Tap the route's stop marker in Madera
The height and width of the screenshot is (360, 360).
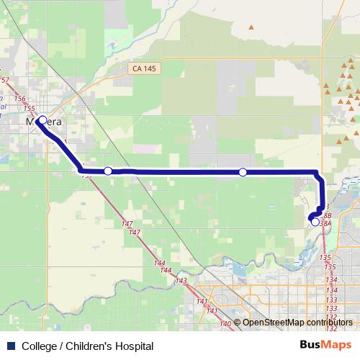(x=42, y=120)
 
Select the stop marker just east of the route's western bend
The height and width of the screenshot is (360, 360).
(x=108, y=171)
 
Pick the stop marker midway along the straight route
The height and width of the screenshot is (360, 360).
(x=243, y=172)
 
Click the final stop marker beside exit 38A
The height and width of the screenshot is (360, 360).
(x=315, y=222)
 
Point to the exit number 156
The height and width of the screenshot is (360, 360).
(x=19, y=99)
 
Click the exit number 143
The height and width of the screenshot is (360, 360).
(x=181, y=280)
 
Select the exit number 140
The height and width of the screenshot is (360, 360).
(x=225, y=324)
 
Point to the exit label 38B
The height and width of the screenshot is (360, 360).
(x=326, y=215)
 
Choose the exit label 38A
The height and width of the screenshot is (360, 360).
(x=325, y=223)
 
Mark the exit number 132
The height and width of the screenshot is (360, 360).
(x=331, y=317)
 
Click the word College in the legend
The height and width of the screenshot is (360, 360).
(x=40, y=346)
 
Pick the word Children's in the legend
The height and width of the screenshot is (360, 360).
(x=88, y=346)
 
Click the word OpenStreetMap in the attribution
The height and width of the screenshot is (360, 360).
(x=274, y=322)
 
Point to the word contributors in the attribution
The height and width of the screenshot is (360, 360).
(x=329, y=322)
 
